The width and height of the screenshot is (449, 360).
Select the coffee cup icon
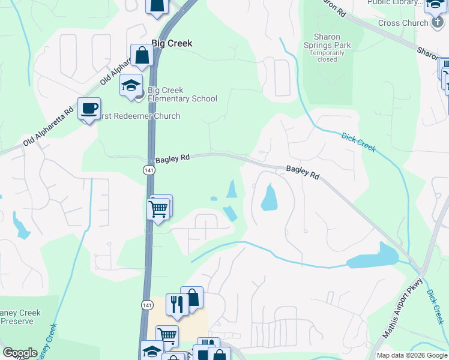[x=89, y=109]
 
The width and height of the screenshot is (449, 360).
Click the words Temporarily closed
[x=327, y=56]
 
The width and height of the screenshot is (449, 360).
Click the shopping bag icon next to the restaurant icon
[x=192, y=298]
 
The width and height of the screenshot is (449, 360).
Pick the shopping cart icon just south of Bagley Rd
[x=158, y=210]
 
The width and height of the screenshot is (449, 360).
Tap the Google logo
[x=20, y=353]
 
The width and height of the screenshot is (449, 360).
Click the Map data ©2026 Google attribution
[x=412, y=355]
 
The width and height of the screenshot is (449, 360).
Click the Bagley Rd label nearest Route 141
[x=172, y=158]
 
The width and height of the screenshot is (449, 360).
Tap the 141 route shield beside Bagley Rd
[x=148, y=170]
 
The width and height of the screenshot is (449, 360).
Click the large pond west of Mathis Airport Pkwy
[x=373, y=258]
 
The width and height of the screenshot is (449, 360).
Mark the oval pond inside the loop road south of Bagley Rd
[x=269, y=197]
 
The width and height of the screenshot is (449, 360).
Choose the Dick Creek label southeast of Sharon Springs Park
[x=358, y=142]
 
